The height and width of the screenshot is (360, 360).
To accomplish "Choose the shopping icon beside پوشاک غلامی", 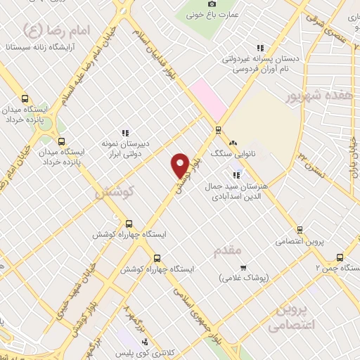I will coord(243,268).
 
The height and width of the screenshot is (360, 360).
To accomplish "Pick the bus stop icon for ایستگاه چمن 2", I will coord(340,257).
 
